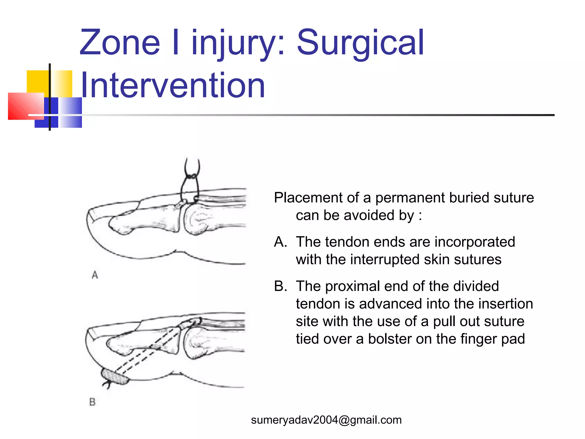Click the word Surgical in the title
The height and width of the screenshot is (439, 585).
[360, 43]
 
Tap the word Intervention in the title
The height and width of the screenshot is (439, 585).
[173, 85]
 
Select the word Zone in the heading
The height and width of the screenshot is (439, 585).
[120, 43]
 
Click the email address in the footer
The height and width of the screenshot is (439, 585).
[326, 420]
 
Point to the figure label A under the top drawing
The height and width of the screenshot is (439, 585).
[95, 275]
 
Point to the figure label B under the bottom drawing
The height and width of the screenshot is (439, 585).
[92, 402]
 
